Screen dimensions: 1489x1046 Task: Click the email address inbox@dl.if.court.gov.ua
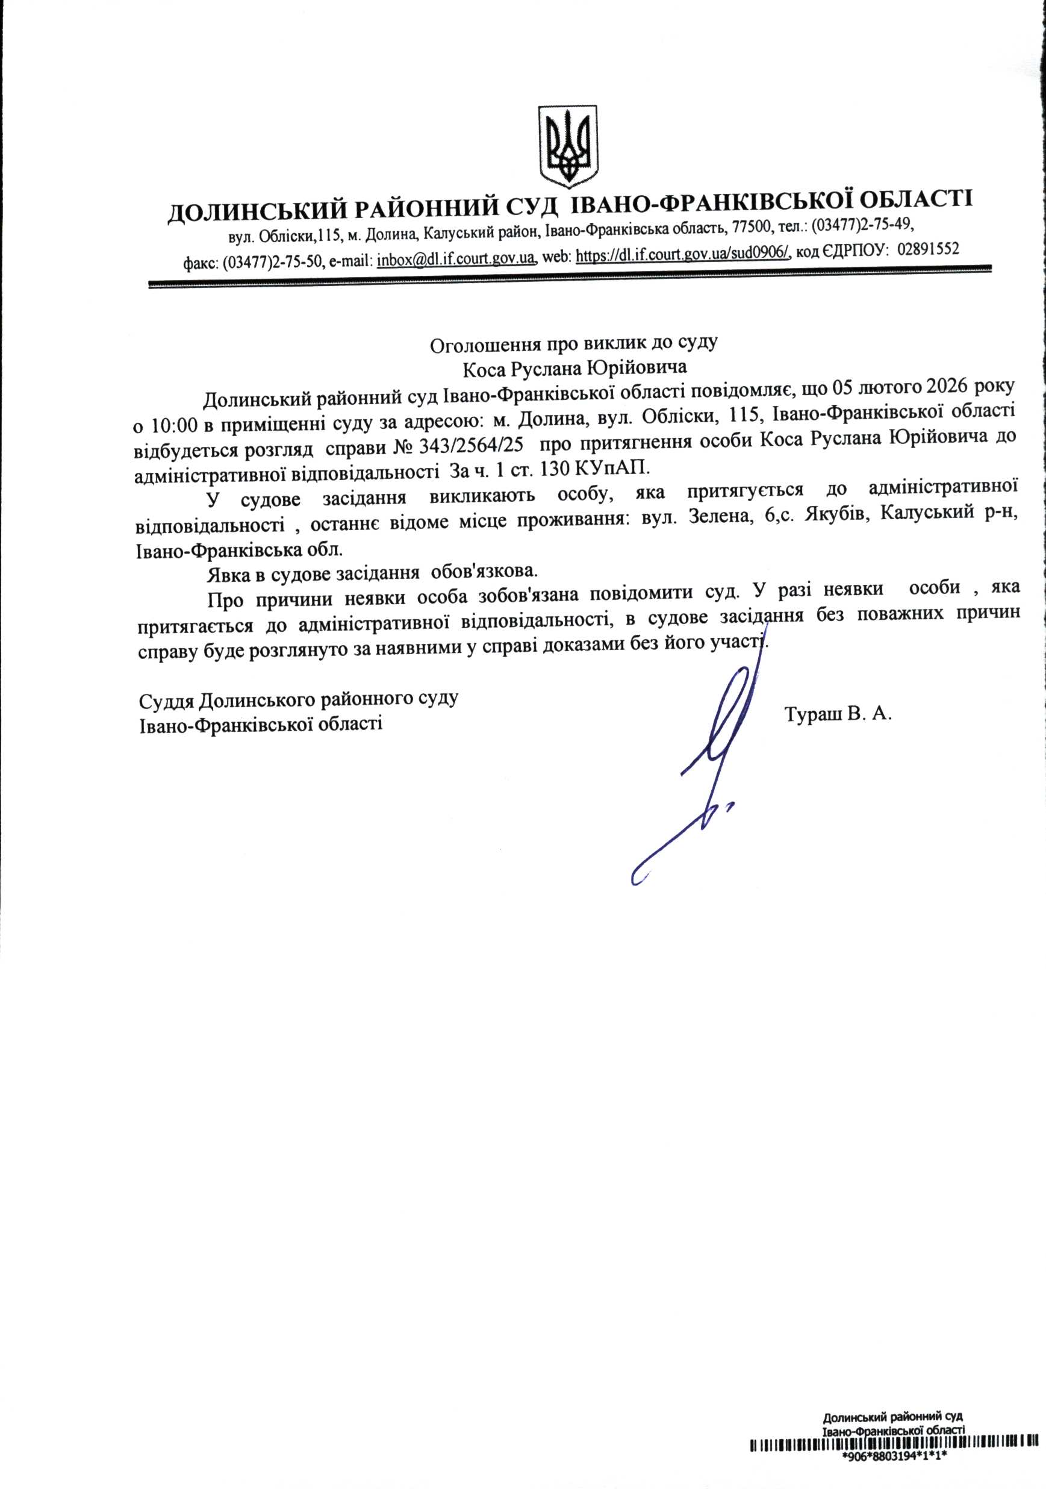pos(456,257)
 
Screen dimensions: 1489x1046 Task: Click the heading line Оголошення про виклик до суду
pos(574,343)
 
